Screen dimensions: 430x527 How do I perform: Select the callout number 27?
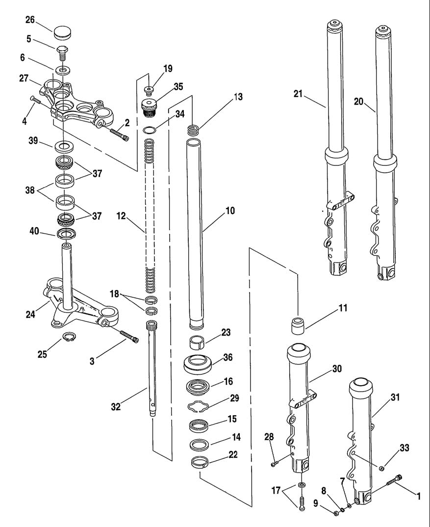(x=24, y=79)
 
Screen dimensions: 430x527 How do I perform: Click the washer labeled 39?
(x=63, y=147)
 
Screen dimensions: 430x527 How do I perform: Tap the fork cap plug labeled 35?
(x=149, y=107)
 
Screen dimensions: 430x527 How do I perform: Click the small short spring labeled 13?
(x=193, y=130)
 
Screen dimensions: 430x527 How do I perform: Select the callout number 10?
(x=230, y=211)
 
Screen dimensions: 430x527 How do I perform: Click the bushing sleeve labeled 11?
(x=297, y=325)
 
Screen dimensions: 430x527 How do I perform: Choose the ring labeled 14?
(x=200, y=445)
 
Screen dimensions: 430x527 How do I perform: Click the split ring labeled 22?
(x=200, y=462)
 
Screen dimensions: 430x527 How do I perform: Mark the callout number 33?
(x=404, y=448)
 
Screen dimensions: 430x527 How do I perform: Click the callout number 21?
(x=298, y=94)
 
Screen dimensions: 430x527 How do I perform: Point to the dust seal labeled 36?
(x=198, y=363)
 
